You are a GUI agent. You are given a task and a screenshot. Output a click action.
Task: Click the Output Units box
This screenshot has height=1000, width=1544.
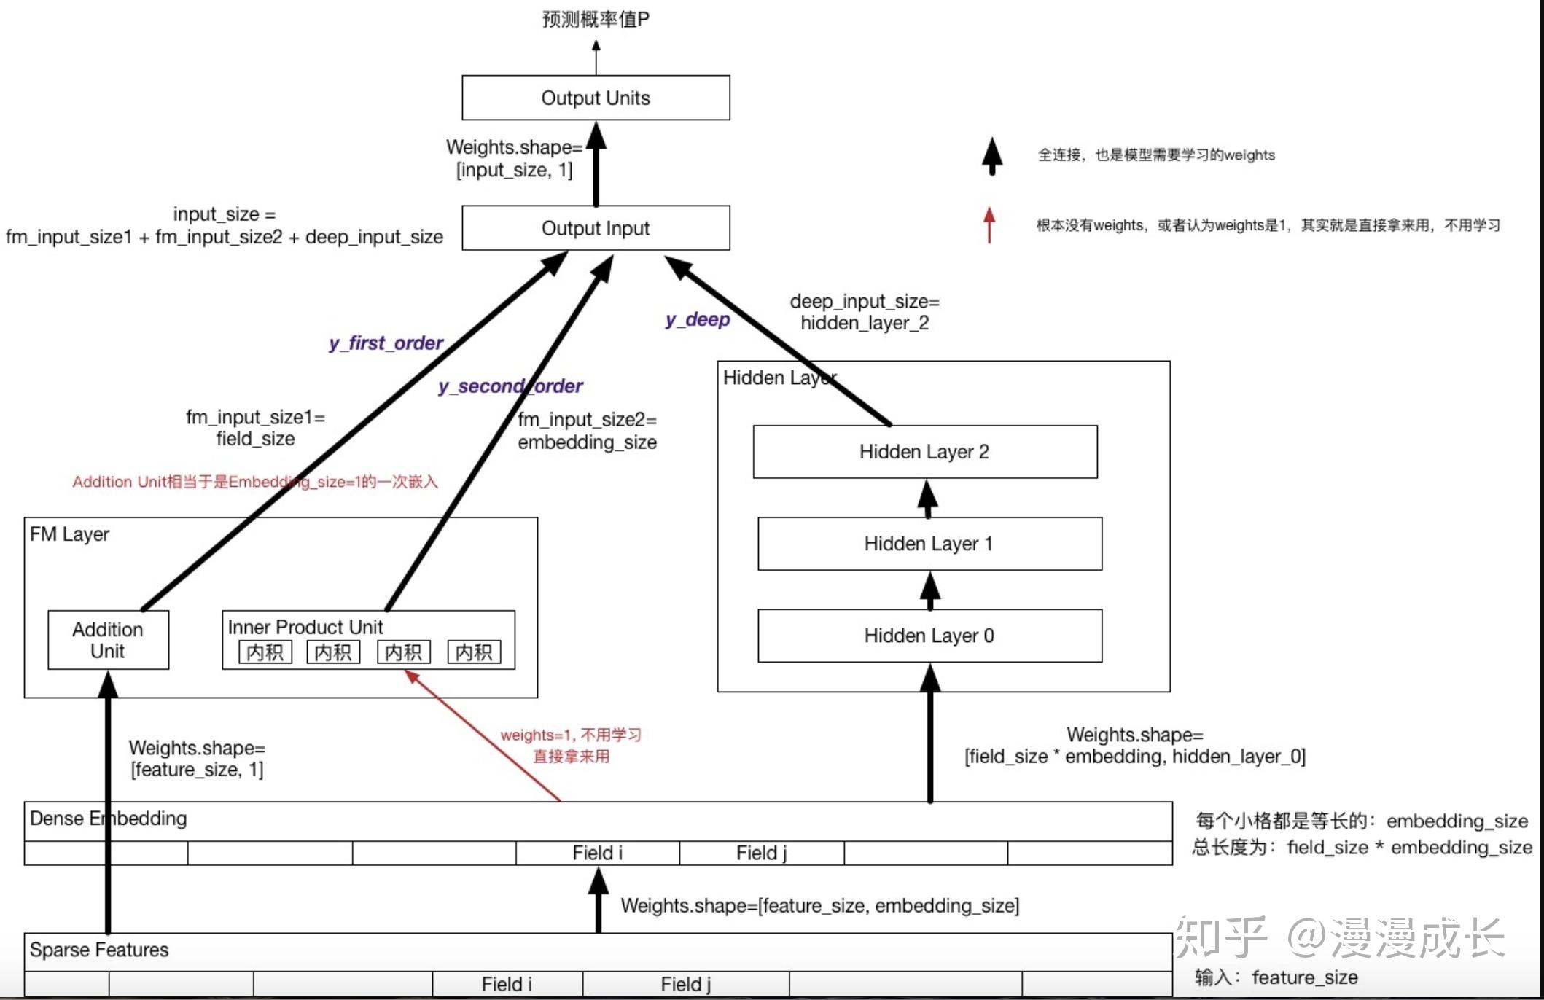tap(596, 98)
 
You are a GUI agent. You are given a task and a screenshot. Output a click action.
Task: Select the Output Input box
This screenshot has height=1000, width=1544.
tap(596, 228)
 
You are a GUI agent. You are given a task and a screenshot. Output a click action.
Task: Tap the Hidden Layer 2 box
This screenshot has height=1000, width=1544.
tap(925, 452)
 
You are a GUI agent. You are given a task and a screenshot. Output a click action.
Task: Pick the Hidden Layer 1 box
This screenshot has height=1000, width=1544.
tap(929, 544)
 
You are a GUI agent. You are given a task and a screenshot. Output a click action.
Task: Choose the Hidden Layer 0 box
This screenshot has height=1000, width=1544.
tap(929, 636)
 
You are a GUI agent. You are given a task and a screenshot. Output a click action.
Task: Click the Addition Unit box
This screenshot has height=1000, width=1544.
tap(108, 640)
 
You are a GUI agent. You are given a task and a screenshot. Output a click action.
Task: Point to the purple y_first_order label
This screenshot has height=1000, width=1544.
tap(386, 343)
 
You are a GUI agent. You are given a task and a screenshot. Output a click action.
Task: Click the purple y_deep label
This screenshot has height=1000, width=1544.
tap(698, 319)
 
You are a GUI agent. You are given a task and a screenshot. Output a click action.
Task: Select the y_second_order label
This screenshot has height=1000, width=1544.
tap(510, 386)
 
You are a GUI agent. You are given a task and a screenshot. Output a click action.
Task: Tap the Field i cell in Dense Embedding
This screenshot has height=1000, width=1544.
tap(598, 853)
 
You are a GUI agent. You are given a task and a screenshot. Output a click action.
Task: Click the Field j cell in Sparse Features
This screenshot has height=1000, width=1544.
tap(686, 984)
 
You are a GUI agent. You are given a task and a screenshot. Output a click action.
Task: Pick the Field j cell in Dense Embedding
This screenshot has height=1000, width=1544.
tap(762, 853)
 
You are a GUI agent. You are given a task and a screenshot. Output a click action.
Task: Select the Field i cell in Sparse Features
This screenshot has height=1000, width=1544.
tap(507, 984)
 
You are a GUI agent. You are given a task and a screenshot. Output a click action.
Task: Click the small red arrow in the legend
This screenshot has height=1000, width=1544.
tap(989, 225)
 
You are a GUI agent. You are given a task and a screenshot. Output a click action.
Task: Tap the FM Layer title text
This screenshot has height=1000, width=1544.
tap(69, 534)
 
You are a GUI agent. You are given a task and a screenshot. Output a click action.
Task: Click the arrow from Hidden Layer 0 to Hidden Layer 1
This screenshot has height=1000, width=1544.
tap(929, 590)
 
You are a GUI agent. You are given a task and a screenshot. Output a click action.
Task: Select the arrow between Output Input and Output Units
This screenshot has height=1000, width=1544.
tap(596, 163)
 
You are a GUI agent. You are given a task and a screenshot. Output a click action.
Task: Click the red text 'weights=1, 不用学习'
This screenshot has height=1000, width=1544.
tap(571, 735)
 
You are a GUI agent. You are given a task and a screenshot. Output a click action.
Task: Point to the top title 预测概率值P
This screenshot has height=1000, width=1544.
tap(596, 19)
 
